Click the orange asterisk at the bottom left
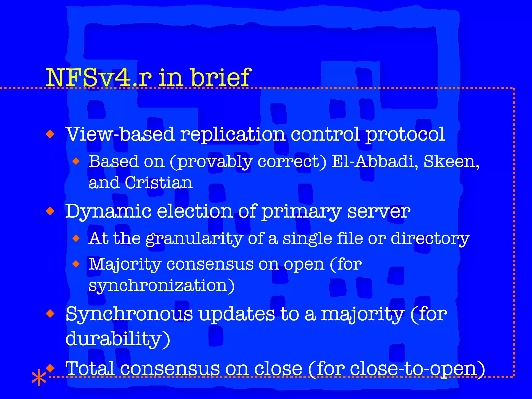coord(39,377)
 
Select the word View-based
coord(120,135)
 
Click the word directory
coord(430,238)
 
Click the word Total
coord(90,368)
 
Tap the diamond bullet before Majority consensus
coord(76,264)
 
